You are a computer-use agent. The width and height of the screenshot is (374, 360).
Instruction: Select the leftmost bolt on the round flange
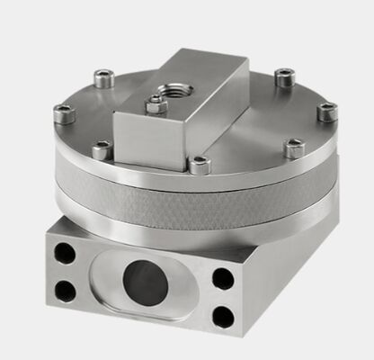tap(63, 113)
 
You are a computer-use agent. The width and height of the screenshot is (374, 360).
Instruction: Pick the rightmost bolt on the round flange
tap(327, 111)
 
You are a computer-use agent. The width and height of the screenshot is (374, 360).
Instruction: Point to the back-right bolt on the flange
tap(284, 77)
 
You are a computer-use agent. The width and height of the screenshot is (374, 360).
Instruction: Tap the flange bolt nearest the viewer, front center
tap(200, 165)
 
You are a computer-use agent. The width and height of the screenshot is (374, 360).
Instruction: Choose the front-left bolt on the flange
tap(102, 148)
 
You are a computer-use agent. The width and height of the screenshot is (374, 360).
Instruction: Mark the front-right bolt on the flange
tap(293, 147)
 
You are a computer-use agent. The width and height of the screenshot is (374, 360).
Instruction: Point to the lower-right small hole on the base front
tap(222, 315)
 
